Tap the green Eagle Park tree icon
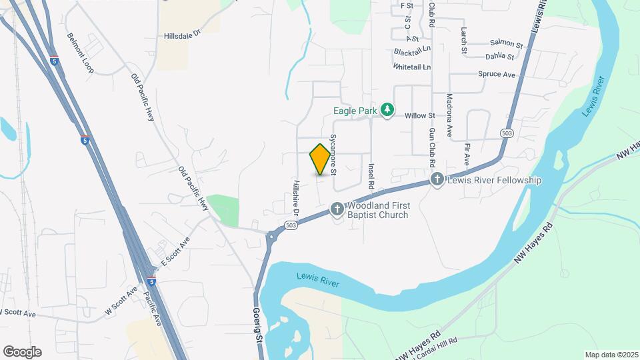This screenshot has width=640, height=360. pos(387,109)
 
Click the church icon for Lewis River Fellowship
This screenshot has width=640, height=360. pos(437,179)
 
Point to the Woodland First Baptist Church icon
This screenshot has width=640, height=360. pos(337,209)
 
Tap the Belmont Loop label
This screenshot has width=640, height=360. pos(79,53)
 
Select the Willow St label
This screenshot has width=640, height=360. pos(420,115)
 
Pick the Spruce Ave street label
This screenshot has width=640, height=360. pos(497,75)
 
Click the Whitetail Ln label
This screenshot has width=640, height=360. pos(412,67)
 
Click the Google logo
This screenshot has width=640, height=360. pos(22,352)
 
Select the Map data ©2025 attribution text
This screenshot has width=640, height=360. pos(611,355)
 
